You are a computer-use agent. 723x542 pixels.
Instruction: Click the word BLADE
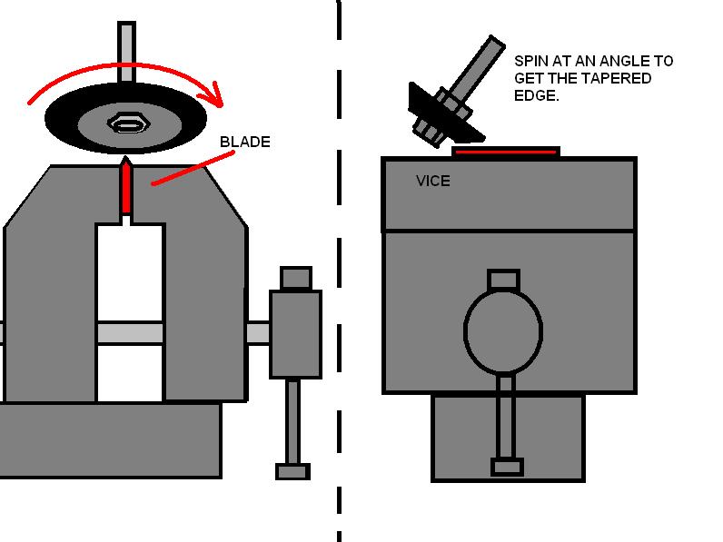click(244, 143)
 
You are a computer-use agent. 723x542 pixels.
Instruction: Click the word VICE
click(432, 181)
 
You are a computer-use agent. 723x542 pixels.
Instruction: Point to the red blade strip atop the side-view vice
click(505, 152)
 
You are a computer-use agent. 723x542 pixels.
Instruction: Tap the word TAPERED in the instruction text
click(619, 78)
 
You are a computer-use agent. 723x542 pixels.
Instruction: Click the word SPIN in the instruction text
click(530, 61)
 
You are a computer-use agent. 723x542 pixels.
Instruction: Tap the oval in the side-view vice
click(502, 330)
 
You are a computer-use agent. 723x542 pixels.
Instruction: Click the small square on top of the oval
click(503, 280)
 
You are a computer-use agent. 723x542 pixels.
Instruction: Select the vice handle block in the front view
click(295, 333)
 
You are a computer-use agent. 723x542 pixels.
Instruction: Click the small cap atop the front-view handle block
click(295, 277)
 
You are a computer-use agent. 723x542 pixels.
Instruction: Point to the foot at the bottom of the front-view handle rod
click(292, 471)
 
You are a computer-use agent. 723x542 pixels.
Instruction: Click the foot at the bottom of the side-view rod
click(507, 467)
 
